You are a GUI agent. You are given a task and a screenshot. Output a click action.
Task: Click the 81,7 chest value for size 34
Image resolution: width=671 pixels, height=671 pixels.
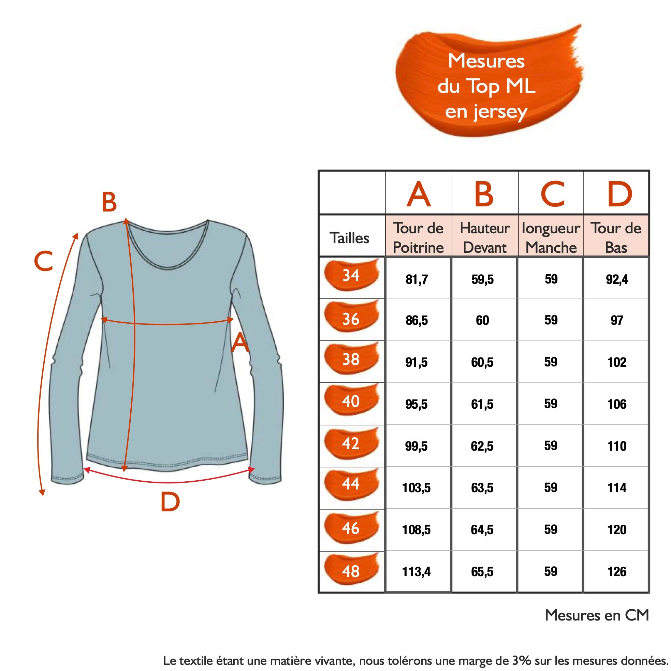(417, 279)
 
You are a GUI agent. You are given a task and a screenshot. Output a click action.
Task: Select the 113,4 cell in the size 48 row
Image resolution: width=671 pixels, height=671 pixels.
(417, 572)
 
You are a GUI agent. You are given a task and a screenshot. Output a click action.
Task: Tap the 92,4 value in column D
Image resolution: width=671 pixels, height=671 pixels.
(617, 279)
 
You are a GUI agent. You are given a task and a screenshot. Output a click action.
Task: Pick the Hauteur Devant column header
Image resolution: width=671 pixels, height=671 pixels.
(484, 238)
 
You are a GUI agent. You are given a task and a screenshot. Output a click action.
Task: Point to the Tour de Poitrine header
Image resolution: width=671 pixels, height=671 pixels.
(418, 238)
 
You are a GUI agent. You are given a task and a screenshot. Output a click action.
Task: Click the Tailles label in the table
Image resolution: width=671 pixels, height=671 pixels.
(349, 238)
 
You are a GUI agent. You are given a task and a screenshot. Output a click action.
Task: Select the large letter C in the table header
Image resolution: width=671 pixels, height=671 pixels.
(553, 194)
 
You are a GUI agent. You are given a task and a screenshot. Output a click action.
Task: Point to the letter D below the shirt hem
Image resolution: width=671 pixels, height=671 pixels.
(170, 502)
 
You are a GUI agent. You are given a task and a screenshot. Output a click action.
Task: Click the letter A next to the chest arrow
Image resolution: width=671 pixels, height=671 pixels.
(240, 342)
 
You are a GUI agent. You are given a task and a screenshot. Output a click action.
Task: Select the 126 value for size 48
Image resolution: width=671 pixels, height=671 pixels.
(617, 572)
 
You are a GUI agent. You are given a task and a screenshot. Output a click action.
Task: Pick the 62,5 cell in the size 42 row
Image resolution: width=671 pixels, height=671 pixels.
(482, 446)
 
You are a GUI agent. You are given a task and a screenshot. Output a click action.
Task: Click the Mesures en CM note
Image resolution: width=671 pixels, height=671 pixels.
(597, 615)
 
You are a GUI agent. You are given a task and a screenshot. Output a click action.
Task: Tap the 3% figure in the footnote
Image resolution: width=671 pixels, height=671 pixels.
(521, 660)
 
